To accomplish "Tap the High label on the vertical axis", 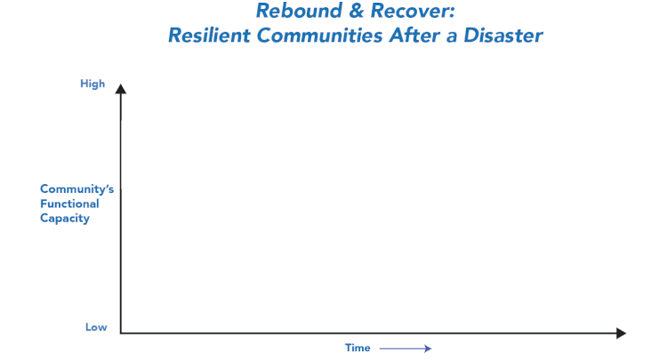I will pyautogui.click(x=92, y=84).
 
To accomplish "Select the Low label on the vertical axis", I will pyautogui.click(x=96, y=327).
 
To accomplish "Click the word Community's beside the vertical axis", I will pyautogui.click(x=76, y=188).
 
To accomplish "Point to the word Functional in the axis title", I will pyautogui.click(x=69, y=204).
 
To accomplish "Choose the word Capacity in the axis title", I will pyautogui.click(x=65, y=219).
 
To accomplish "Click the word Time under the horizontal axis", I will pyautogui.click(x=358, y=348).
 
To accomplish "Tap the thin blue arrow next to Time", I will pyautogui.click(x=404, y=348).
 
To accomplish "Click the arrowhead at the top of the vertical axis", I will pyautogui.click(x=121, y=88).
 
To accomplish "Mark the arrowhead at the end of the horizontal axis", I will pyautogui.click(x=621, y=333).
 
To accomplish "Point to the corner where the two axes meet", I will pyautogui.click(x=121, y=333).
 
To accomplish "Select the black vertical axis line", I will pyautogui.click(x=121, y=213).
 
